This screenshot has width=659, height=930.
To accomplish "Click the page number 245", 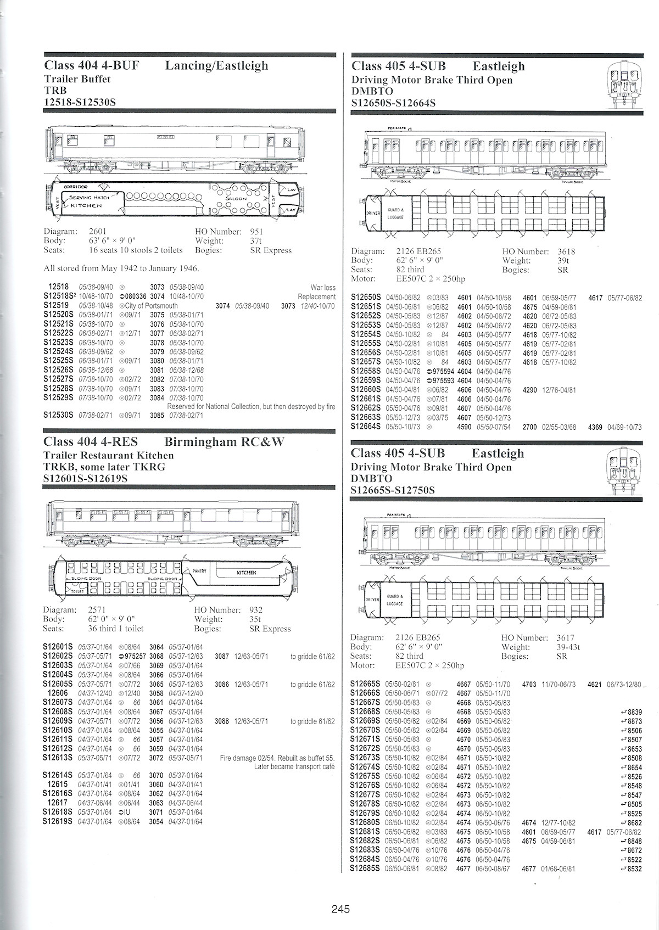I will click(x=340, y=909).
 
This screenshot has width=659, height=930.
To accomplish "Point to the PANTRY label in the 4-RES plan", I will click(x=199, y=571).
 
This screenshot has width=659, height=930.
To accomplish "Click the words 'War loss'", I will click(x=323, y=287).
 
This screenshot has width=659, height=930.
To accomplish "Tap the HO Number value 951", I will click(x=256, y=232).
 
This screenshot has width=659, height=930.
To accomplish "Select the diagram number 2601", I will click(x=98, y=232).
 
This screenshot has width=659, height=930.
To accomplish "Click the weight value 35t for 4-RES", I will click(x=255, y=619).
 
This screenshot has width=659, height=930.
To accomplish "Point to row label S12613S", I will click(x=58, y=758).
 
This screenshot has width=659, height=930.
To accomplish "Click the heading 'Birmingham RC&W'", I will click(x=224, y=442).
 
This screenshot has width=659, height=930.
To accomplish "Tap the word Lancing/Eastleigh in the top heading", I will click(x=216, y=66).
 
